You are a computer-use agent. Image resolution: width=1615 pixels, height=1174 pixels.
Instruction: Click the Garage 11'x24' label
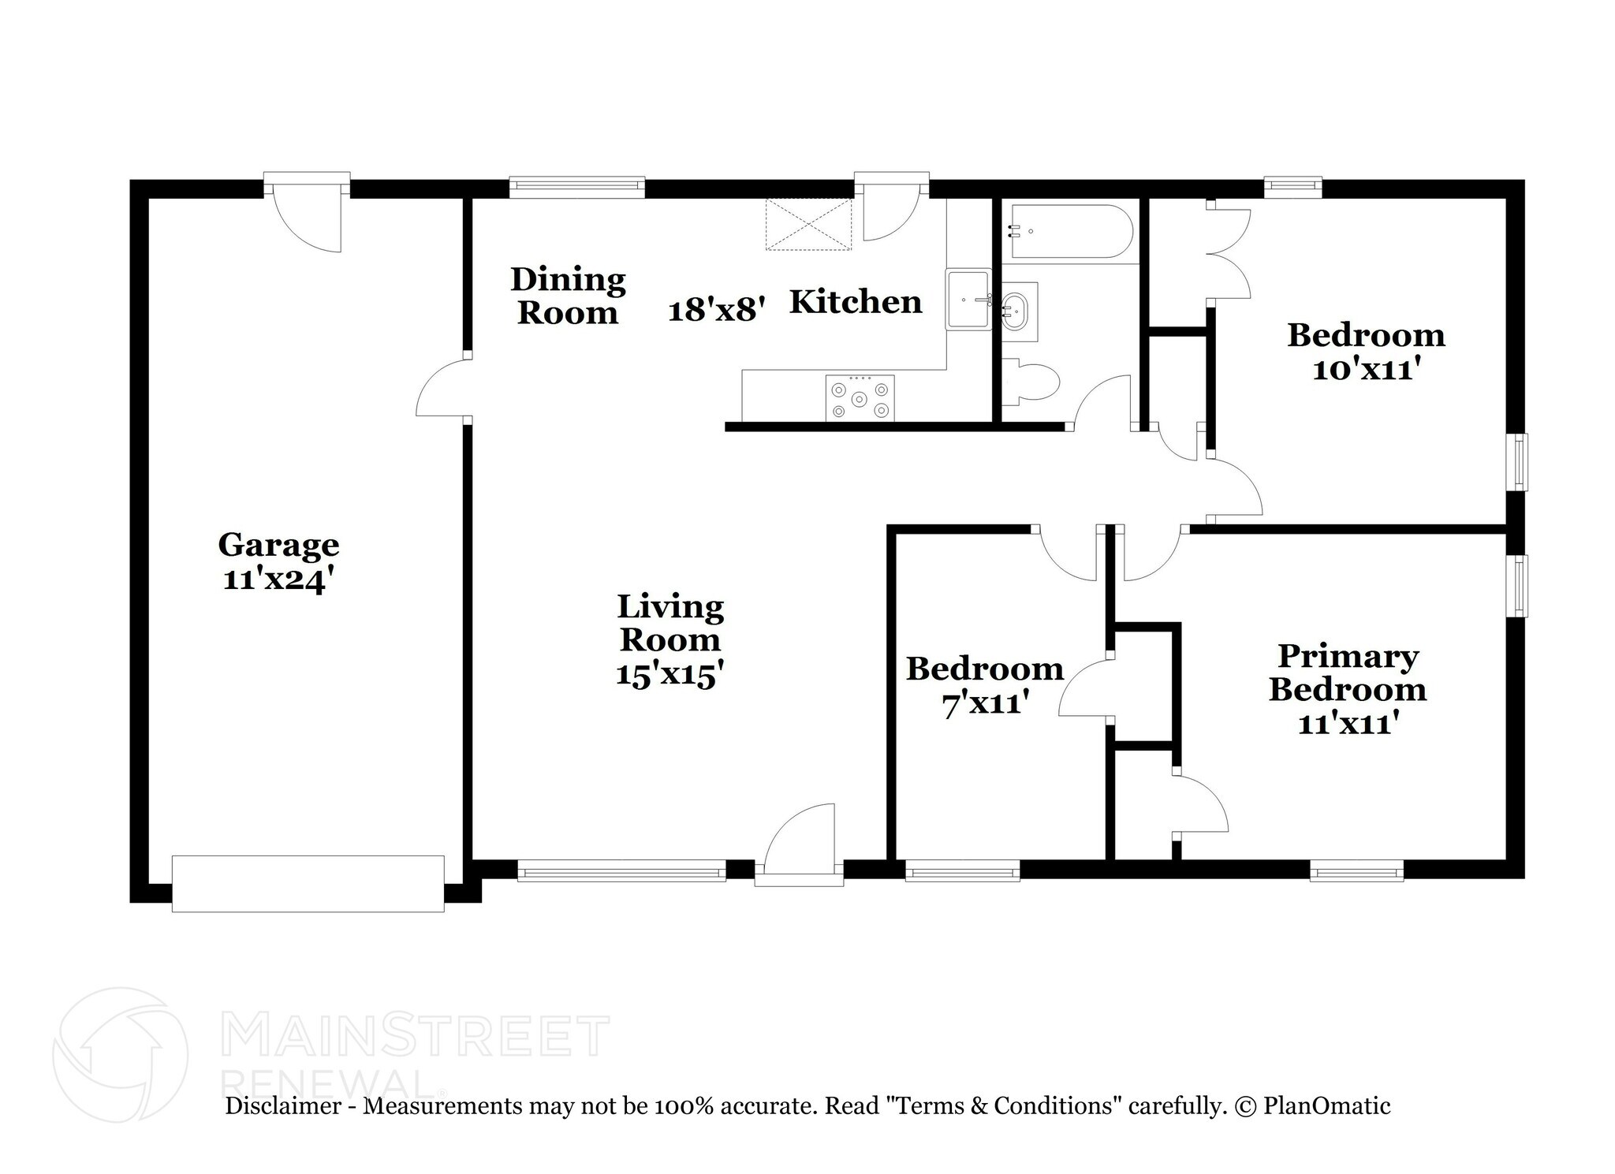pos(278,561)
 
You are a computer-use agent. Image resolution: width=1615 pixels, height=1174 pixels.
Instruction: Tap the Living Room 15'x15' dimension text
pos(669,676)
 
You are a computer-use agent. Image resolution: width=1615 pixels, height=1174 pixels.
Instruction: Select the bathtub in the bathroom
pos(1071,232)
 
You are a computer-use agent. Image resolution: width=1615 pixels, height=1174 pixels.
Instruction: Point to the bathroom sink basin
pos(1016,312)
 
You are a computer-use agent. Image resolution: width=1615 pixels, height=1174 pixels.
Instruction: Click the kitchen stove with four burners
pos(860,398)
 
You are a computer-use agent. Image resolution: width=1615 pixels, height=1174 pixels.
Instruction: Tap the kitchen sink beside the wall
pos(968,300)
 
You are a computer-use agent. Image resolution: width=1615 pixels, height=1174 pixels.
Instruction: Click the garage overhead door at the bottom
pos(308,884)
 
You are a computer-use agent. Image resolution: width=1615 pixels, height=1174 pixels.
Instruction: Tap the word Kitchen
pos(856,302)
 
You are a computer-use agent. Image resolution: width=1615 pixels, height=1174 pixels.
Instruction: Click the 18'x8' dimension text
pos(717,311)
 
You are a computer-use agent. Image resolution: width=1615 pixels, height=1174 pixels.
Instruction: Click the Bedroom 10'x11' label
pos(1366,352)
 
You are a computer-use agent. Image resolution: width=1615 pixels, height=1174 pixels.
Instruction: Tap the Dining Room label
pos(568,296)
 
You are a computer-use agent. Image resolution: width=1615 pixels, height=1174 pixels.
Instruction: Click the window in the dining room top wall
pos(576,187)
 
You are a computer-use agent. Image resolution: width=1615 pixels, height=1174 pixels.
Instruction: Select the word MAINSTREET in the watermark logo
pos(416,1037)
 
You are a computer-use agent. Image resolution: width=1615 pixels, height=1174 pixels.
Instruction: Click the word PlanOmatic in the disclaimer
pos(1326,1106)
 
